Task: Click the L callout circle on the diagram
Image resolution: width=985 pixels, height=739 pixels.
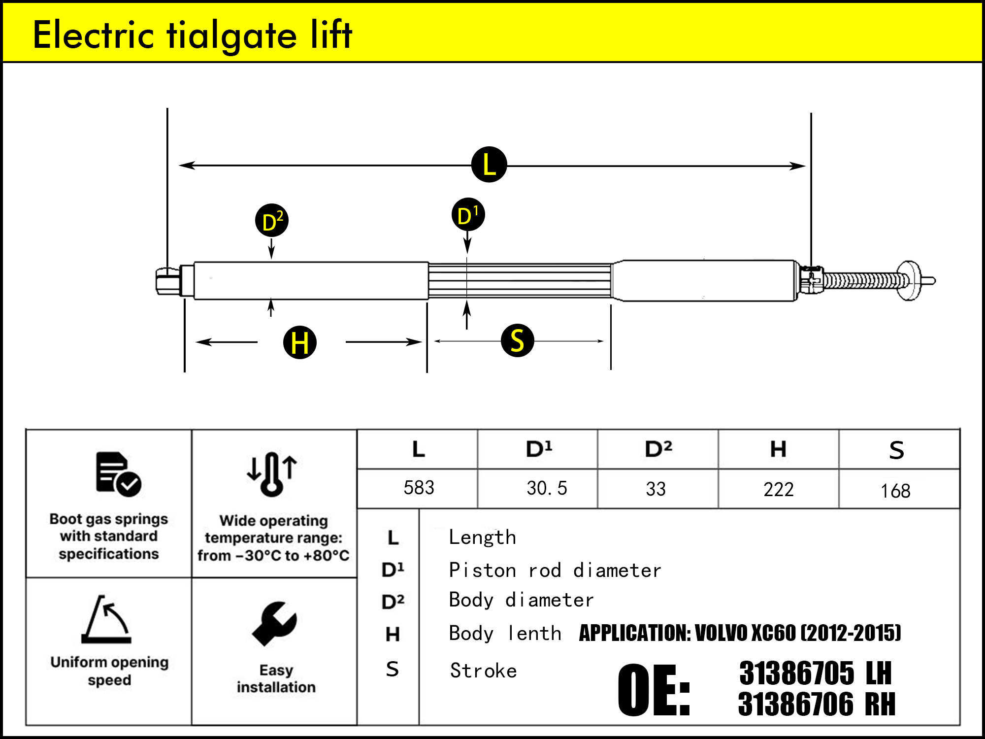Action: tap(489, 165)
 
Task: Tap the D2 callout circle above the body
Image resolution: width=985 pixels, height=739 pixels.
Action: tap(272, 220)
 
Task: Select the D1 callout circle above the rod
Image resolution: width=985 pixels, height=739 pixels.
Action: tap(468, 215)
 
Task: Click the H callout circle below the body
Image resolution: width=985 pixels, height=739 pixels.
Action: tap(300, 342)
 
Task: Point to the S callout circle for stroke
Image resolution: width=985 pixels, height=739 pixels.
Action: tap(517, 340)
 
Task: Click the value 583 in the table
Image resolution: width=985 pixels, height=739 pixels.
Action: tap(419, 488)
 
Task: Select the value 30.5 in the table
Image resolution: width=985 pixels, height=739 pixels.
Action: tap(547, 488)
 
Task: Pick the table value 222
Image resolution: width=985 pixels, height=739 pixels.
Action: tap(778, 490)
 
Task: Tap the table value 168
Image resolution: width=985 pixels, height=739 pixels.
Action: tap(895, 491)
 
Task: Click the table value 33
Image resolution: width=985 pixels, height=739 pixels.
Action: tap(656, 489)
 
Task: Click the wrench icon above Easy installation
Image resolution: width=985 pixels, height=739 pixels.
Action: tap(274, 623)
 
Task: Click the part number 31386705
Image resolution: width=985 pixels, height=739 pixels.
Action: tap(796, 673)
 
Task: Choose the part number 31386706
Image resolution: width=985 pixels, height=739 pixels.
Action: tap(795, 704)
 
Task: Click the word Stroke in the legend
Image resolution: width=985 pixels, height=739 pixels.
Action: tap(483, 671)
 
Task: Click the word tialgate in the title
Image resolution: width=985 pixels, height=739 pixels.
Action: tap(231, 35)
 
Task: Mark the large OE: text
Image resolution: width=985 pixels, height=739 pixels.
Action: tap(654, 690)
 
